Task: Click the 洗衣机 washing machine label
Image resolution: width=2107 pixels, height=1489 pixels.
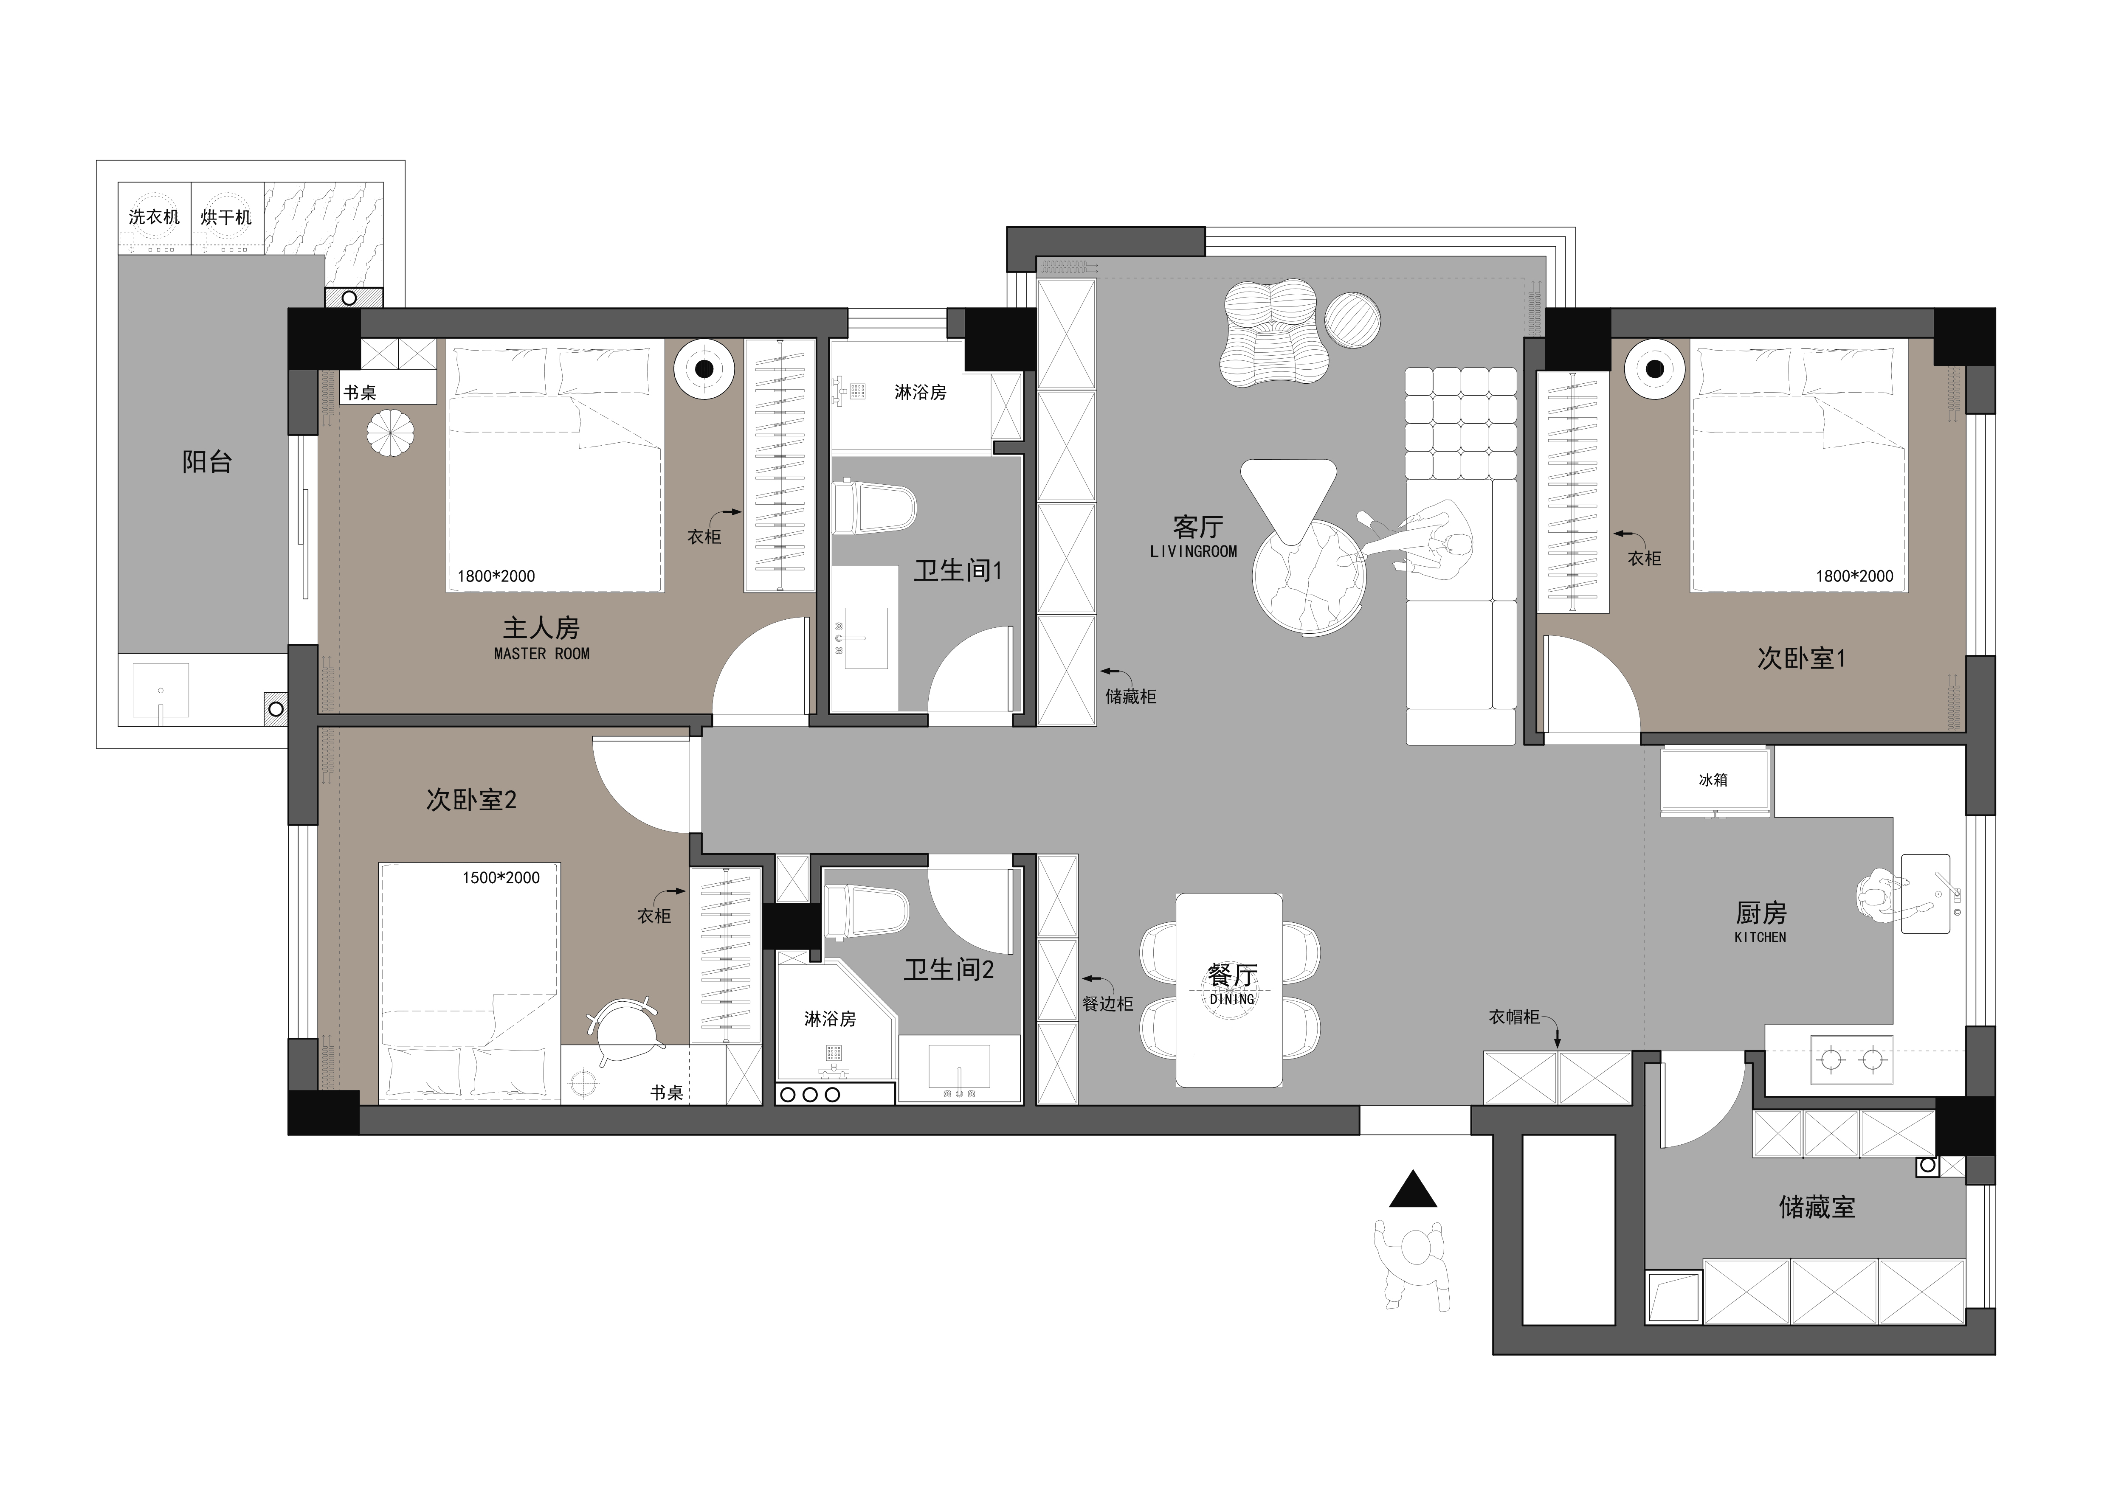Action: point(154,217)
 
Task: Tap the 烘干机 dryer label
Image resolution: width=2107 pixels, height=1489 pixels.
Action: point(226,217)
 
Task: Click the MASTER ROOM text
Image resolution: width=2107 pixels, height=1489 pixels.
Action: point(541,654)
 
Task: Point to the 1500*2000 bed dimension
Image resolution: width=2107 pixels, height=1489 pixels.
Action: point(501,878)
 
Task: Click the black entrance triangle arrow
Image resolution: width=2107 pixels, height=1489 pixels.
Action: point(1413,1190)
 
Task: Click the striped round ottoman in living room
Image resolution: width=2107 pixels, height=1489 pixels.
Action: point(1353,320)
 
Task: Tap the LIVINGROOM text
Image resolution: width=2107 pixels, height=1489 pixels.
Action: point(1193,551)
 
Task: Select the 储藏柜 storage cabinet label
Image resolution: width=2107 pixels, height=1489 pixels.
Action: point(1131,697)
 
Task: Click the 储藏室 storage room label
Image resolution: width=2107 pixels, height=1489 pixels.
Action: point(1817,1207)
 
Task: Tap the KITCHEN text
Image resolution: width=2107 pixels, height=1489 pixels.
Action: point(1760,938)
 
